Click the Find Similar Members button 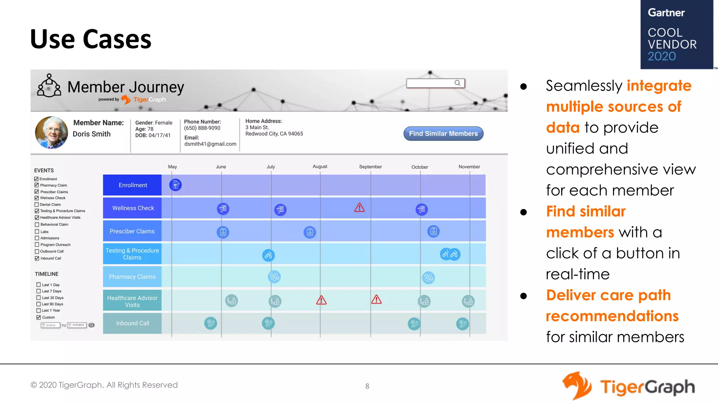(x=443, y=134)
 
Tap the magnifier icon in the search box (x=457, y=83)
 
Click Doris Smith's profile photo (x=52, y=133)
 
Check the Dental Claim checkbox (x=37, y=204)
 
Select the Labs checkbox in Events (x=37, y=231)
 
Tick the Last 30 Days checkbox (x=39, y=298)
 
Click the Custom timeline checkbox (x=39, y=317)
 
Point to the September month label (x=370, y=167)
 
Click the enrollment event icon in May (x=175, y=185)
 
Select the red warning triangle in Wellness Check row (x=359, y=208)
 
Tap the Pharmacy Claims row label (x=132, y=277)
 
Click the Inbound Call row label (x=132, y=323)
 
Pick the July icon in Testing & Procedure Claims (x=268, y=255)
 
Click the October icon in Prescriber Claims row (x=433, y=231)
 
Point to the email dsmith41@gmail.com (x=210, y=144)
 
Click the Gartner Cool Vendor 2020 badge (x=676, y=34)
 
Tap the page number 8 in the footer (x=367, y=386)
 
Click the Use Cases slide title (x=90, y=39)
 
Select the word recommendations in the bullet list (x=612, y=316)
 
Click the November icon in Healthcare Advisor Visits (x=468, y=301)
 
